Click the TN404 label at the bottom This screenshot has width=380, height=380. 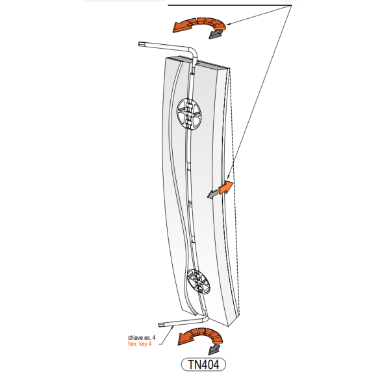[203, 364]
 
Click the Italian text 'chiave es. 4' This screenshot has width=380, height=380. [142, 338]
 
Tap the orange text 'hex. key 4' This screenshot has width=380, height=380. [140, 344]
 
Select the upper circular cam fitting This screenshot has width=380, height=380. [189, 114]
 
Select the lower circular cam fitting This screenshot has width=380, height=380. [199, 281]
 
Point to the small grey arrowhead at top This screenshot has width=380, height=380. [216, 34]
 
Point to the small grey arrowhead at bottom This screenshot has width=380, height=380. [214, 349]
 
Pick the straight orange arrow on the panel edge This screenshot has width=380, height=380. [226, 188]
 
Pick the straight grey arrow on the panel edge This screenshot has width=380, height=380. [212, 194]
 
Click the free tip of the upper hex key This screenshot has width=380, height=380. [140, 44]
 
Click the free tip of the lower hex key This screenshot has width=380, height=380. [160, 325]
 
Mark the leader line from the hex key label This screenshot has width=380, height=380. [166, 335]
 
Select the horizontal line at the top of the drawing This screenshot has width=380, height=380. [230, 5]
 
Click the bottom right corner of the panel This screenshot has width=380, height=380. [229, 326]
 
